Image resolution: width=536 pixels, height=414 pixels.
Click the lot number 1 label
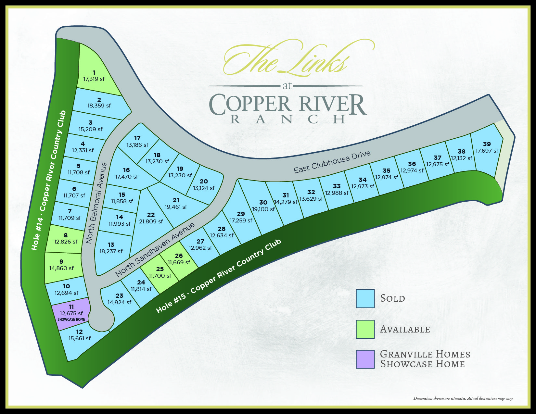click(94, 72)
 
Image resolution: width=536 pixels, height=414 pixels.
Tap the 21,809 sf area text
click(151, 221)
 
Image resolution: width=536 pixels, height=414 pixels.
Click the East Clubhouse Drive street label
click(332, 162)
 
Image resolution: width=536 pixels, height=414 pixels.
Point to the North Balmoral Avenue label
click(96, 203)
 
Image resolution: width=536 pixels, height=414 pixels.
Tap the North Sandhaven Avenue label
click(155, 249)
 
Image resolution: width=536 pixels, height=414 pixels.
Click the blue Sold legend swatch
click(365, 298)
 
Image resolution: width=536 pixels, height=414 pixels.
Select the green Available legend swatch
click(365, 329)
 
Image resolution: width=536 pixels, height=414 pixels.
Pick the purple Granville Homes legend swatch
click(365, 359)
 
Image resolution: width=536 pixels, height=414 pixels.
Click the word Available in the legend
click(405, 329)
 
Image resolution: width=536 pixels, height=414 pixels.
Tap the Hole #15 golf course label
click(218, 276)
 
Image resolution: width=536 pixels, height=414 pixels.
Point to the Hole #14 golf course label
click(49, 180)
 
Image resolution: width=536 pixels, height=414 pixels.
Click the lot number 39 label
click(487, 144)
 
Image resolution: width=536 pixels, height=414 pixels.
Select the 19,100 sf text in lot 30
click(263, 209)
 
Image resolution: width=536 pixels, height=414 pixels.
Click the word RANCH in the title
click(288, 119)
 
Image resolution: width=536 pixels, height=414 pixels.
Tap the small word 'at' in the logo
click(287, 86)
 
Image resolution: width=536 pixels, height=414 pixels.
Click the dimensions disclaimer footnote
click(463, 398)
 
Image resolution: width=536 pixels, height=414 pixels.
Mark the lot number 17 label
click(137, 138)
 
